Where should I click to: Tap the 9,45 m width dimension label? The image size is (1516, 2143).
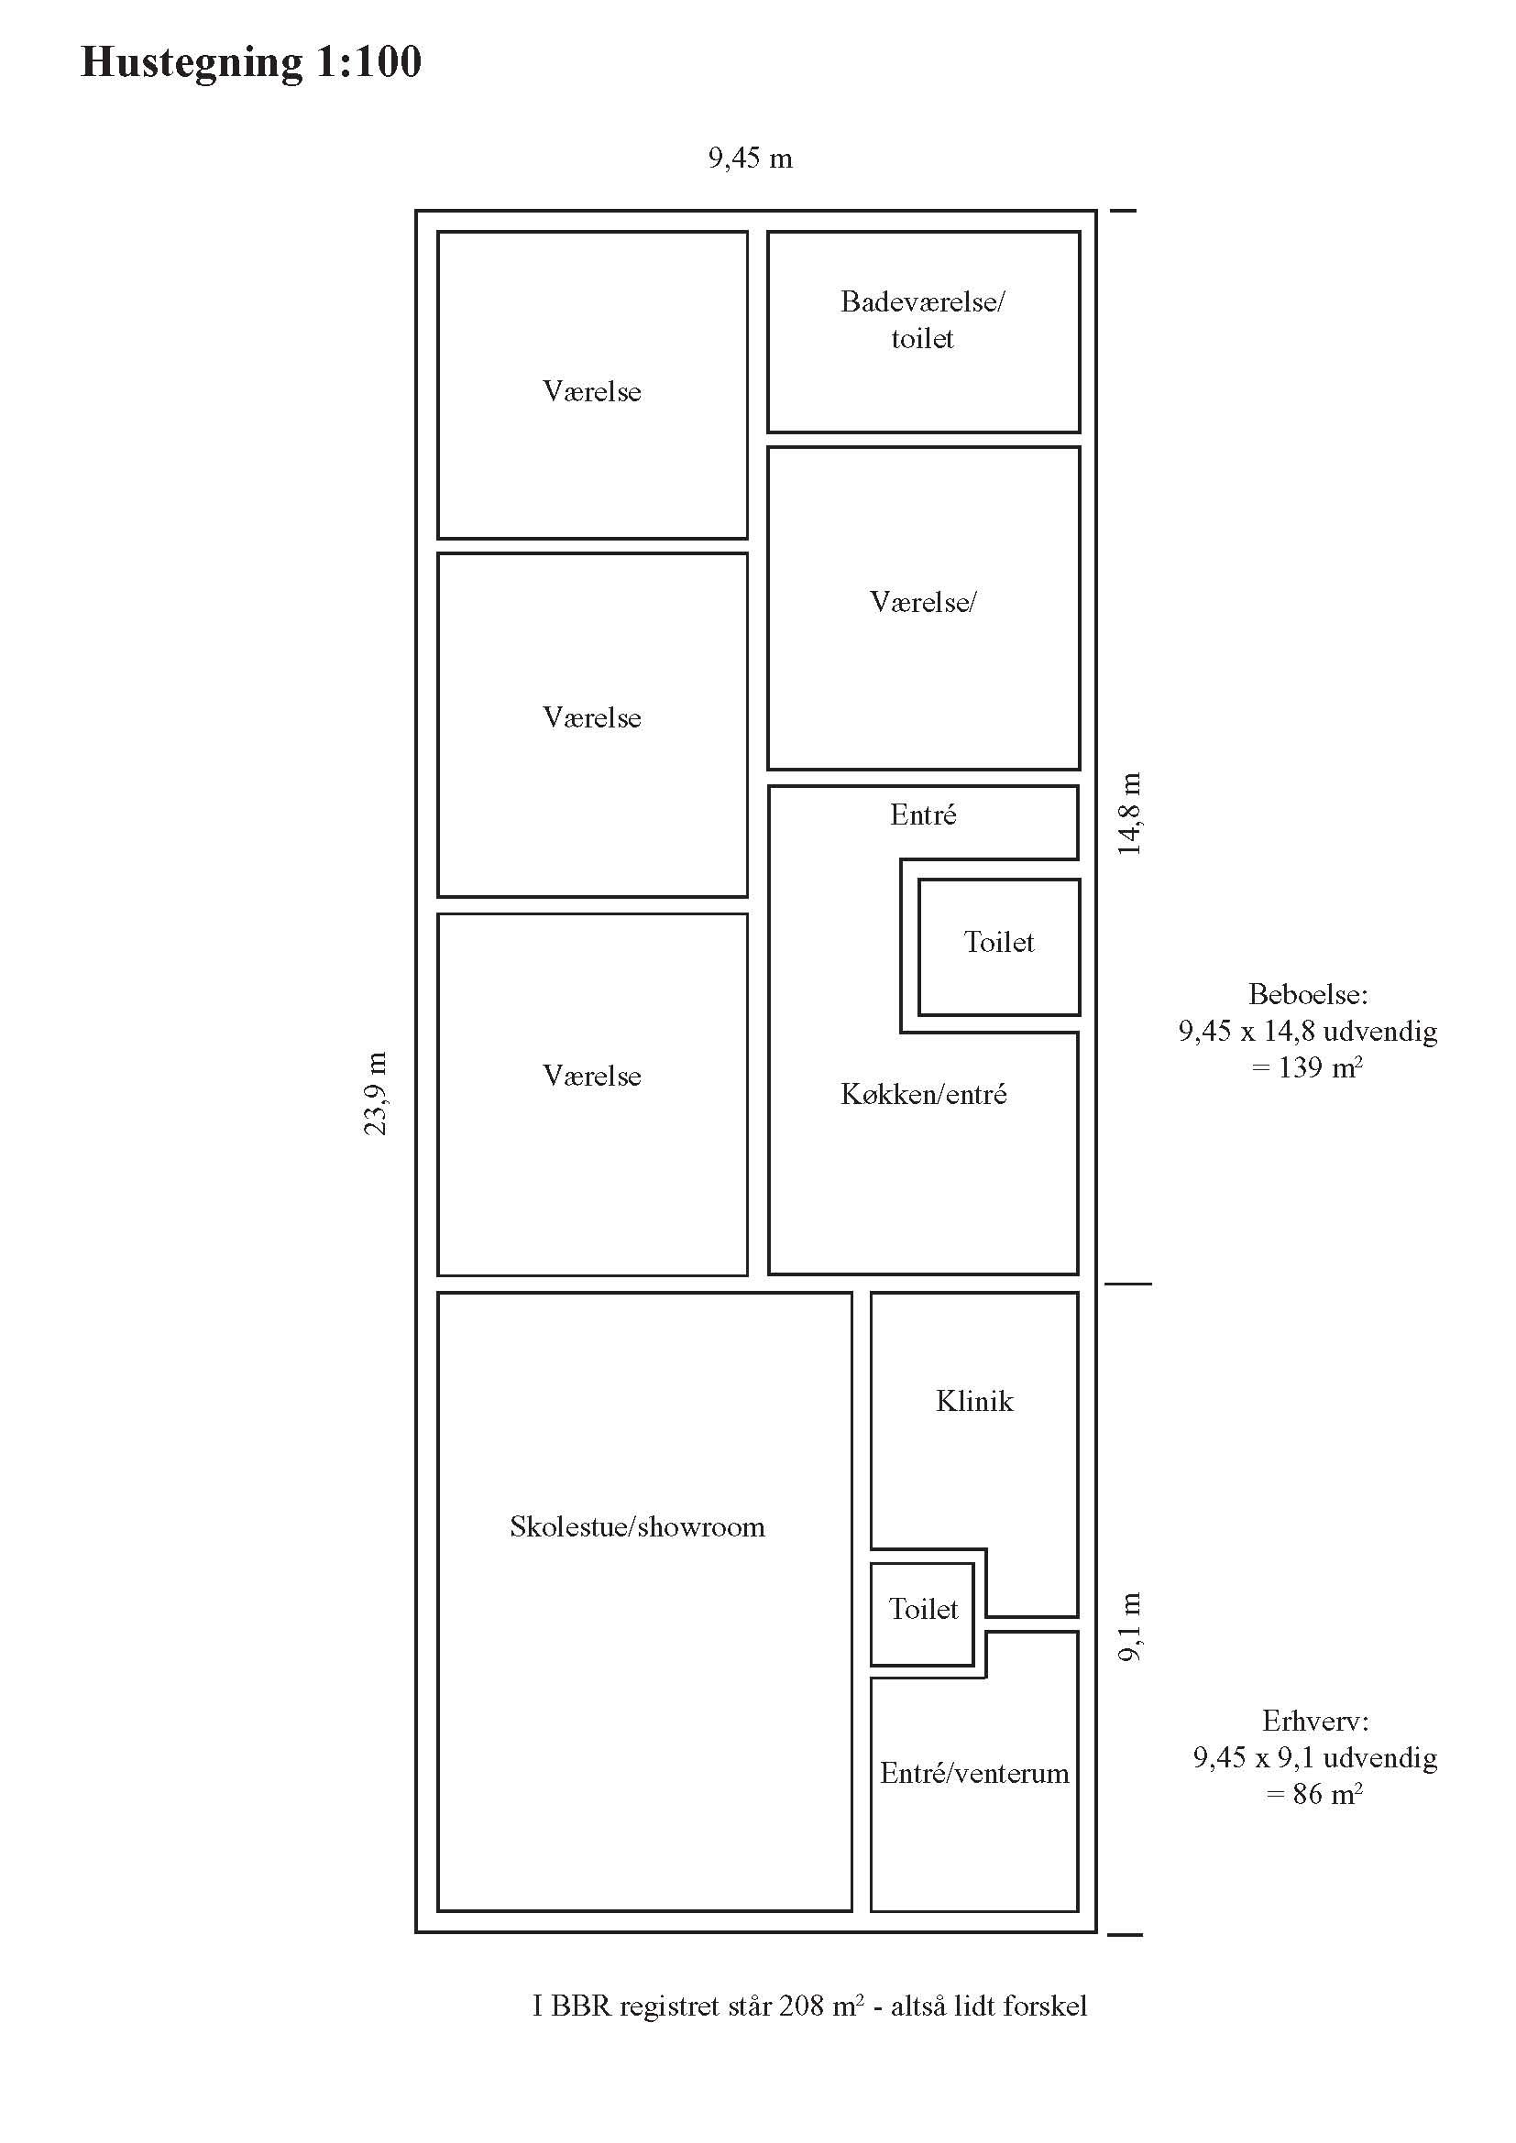751,159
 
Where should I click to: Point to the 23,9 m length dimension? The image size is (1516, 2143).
375,1093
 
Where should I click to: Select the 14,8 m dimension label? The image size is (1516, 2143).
1129,813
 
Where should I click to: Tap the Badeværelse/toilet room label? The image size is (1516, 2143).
922,319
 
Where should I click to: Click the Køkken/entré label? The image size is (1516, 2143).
923,1094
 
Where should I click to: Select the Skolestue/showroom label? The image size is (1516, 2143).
638,1526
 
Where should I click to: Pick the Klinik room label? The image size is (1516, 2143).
973,1401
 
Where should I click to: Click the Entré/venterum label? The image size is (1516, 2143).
974,1773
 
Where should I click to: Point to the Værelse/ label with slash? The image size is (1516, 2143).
922,602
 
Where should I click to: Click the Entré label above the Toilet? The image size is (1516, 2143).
923,815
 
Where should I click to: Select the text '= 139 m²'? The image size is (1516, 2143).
1307,1066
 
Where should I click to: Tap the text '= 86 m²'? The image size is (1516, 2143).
1314,1793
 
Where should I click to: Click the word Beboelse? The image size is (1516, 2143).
1308,994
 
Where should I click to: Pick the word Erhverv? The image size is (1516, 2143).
1315,1721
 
